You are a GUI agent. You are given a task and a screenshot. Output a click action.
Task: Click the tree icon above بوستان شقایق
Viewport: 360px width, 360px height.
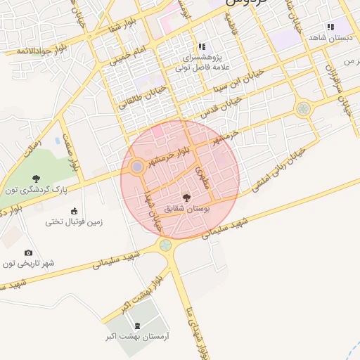tap(186, 198)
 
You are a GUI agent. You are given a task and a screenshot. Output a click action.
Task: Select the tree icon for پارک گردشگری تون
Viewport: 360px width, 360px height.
tap(37, 179)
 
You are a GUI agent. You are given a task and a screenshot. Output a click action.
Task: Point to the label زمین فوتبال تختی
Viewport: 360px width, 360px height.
tap(75, 221)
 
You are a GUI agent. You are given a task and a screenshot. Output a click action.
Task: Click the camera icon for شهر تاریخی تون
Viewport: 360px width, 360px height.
tap(28, 252)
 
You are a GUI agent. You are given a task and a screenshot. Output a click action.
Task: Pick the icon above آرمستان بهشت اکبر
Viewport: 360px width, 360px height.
tap(137, 326)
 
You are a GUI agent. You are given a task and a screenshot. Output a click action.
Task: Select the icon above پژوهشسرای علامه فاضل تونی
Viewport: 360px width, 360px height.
tap(202, 47)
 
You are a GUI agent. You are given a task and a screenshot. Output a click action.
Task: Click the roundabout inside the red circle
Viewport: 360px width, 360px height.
tap(137, 167)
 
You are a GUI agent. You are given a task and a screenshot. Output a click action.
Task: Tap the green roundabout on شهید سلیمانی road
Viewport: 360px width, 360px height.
tap(165, 245)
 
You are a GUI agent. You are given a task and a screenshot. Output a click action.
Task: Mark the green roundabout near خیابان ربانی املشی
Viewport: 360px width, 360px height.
tap(303, 108)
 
